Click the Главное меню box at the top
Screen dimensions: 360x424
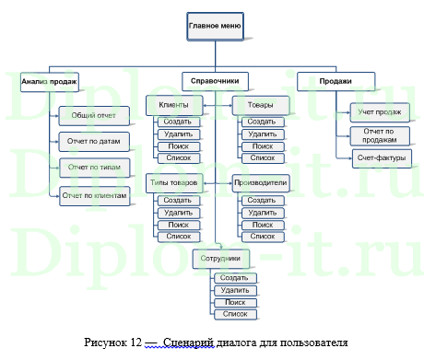coord(215,26)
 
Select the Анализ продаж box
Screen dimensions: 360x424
coord(49,82)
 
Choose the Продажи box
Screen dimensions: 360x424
coord(335,81)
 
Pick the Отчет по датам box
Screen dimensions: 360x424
coord(94,142)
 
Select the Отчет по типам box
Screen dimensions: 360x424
coord(94,168)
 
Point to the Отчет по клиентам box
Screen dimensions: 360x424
coord(95,195)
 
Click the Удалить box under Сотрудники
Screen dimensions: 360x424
coord(236,291)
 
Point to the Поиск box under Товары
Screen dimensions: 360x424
coord(262,146)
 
